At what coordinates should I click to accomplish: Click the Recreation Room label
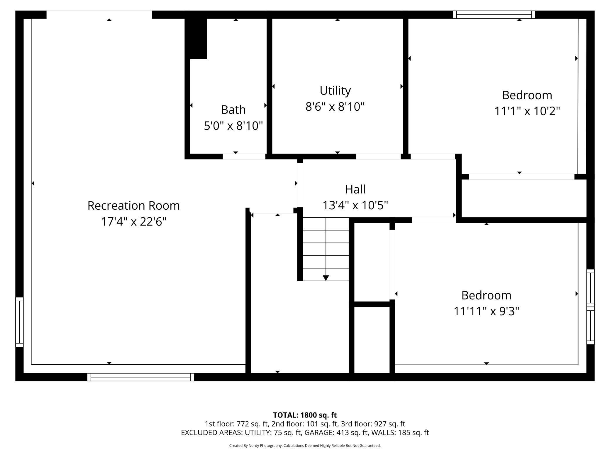click(133, 206)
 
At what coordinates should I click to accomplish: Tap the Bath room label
click(233, 110)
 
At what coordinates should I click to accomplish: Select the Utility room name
click(335, 91)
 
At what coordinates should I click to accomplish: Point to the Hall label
click(355, 189)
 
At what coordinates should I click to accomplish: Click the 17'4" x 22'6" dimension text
click(133, 221)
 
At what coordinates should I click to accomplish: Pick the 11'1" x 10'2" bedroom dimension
click(527, 111)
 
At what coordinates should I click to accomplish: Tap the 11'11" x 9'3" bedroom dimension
click(486, 311)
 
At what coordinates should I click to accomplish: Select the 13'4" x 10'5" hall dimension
click(355, 205)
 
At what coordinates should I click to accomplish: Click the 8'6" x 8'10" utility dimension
click(335, 107)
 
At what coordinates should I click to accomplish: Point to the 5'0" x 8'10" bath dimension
click(233, 126)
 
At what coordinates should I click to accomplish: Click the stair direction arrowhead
click(326, 278)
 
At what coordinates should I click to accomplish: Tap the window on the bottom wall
click(141, 377)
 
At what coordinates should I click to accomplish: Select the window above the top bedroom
click(494, 14)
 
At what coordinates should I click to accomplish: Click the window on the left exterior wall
click(19, 322)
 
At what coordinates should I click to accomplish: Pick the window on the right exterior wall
click(590, 307)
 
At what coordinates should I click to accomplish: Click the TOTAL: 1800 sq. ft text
click(305, 415)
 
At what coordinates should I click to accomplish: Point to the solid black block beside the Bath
click(196, 38)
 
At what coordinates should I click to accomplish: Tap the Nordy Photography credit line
click(305, 445)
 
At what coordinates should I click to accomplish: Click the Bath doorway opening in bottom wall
click(244, 156)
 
